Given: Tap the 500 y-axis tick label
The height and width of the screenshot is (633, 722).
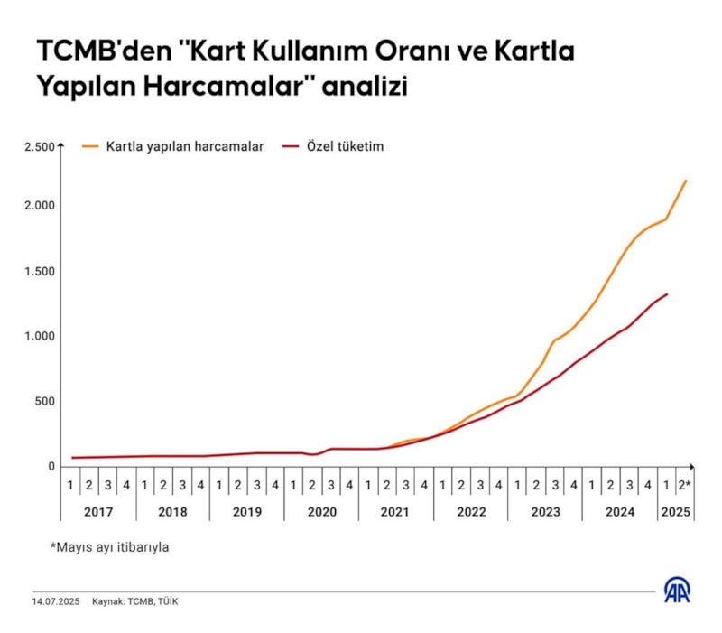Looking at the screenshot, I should click(45, 401).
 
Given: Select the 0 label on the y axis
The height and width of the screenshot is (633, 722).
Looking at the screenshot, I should click(51, 466).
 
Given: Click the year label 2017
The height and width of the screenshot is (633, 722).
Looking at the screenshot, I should click(98, 511).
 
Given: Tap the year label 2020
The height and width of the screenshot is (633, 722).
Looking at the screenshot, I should click(321, 511).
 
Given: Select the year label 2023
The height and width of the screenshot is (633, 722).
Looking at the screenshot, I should click(544, 511).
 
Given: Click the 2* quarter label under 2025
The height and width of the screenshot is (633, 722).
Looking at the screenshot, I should click(684, 485).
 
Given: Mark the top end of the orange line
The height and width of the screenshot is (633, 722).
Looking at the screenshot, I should click(686, 181).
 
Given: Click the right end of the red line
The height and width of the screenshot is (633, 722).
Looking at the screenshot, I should click(667, 293).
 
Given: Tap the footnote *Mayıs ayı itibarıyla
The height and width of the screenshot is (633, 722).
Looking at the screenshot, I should click(110, 547).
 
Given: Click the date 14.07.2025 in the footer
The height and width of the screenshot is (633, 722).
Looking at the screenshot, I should click(57, 601).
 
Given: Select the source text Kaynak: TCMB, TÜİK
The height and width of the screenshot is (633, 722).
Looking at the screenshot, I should click(135, 601).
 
